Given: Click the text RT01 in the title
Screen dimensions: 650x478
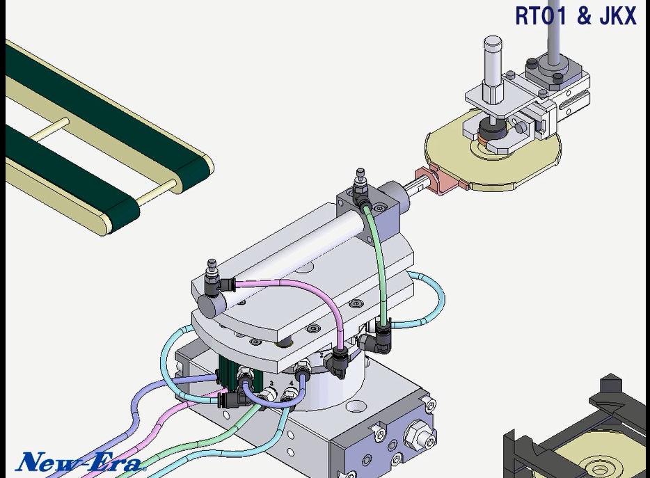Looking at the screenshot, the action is pyautogui.click(x=540, y=16).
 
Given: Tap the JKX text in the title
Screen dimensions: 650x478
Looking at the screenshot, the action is pyautogui.click(x=618, y=16).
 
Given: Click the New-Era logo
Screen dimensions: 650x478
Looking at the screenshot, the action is pyautogui.click(x=81, y=461).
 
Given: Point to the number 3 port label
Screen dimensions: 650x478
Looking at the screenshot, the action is pyautogui.click(x=271, y=383).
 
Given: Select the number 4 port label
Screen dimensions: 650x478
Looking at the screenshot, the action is pyautogui.click(x=291, y=383).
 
